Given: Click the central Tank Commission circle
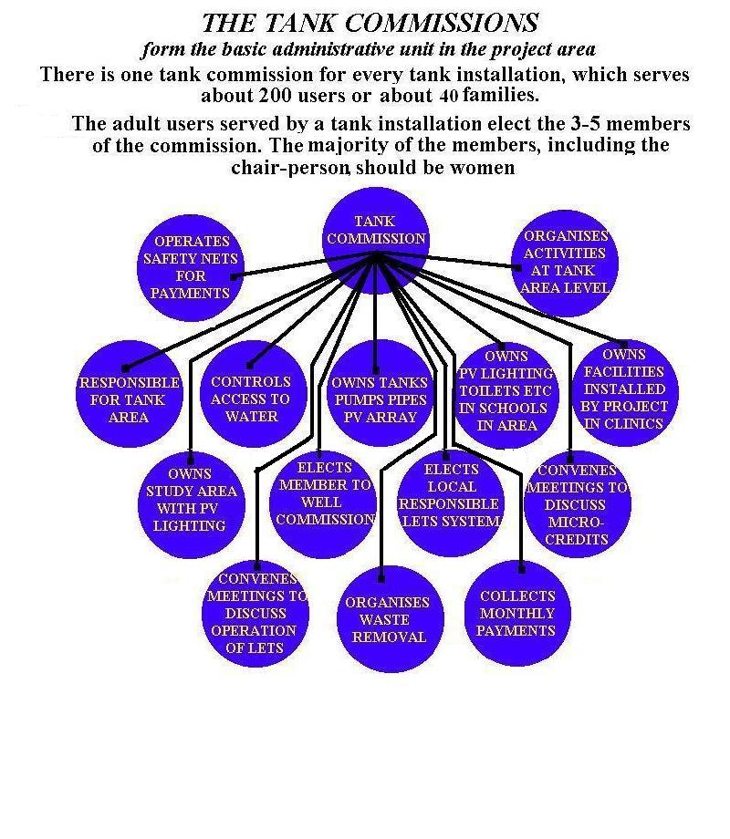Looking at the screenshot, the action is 376,241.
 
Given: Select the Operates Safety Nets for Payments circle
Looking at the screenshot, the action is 191,267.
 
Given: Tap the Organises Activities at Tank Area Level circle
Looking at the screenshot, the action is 565,264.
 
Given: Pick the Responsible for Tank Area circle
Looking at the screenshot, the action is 130,394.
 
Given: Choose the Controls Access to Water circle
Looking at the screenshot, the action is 254,394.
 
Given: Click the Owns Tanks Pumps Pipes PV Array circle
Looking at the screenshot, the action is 381,393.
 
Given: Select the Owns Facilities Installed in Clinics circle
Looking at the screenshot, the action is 625,393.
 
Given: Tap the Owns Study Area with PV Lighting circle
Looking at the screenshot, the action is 192,505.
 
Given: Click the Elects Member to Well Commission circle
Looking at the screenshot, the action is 323,505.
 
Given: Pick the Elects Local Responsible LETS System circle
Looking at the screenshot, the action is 451,504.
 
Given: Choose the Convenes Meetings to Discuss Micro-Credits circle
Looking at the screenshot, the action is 578,504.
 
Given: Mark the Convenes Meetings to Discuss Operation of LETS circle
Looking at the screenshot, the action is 255,614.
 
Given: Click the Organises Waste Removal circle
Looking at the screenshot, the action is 390,619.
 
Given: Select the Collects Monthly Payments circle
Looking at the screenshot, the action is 517,613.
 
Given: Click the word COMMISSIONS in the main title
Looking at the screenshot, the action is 442,23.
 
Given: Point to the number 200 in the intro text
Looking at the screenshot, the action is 276,95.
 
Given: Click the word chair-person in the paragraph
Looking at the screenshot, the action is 291,168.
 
